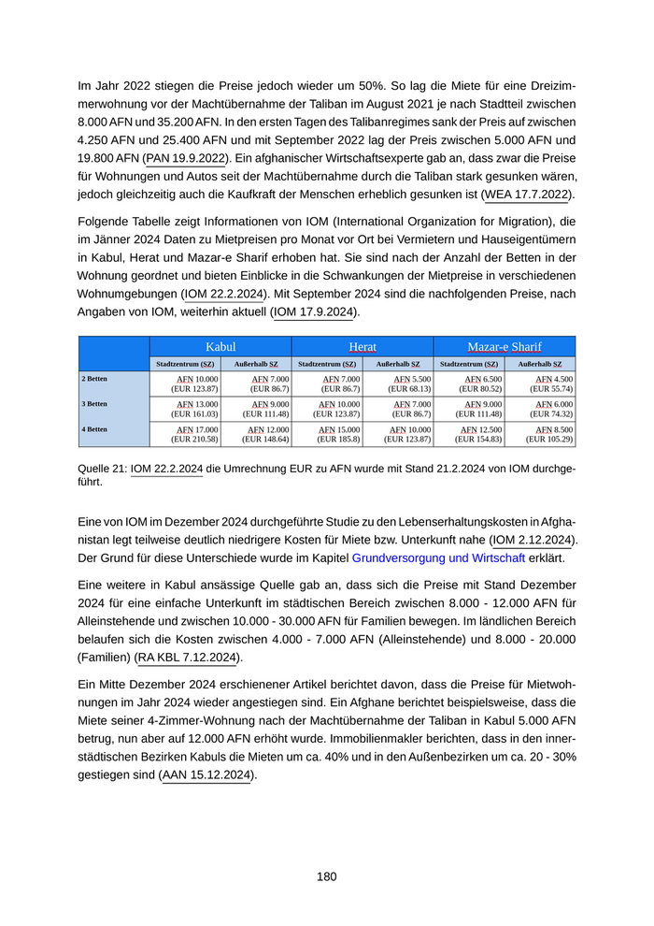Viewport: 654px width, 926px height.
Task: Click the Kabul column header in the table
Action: [x=220, y=346]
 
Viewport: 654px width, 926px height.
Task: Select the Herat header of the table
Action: [x=363, y=346]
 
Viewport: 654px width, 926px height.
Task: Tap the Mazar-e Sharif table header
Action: [x=505, y=346]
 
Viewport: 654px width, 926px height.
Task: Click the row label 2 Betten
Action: [x=94, y=378]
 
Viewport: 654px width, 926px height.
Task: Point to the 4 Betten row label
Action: [x=94, y=429]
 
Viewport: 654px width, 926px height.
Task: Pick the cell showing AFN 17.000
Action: [x=195, y=434]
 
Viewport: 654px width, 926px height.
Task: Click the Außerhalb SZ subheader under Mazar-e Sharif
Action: [x=540, y=363]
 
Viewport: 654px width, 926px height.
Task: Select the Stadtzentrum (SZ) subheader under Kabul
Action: [x=185, y=363]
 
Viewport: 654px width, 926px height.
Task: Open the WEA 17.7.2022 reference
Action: [x=527, y=195]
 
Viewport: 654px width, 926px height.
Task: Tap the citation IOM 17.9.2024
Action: [x=314, y=311]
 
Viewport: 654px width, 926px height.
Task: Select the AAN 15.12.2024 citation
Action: [x=206, y=774]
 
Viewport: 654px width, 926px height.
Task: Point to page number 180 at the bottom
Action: [x=326, y=876]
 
